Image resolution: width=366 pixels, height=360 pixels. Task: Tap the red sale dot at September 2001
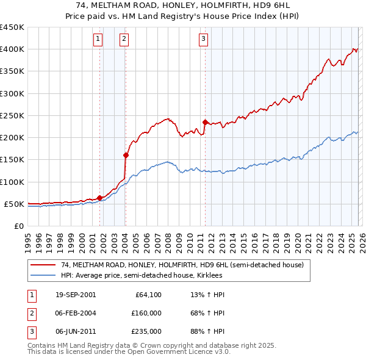pyautogui.click(x=100, y=198)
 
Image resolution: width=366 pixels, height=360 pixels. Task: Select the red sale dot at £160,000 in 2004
pyautogui.click(x=126, y=155)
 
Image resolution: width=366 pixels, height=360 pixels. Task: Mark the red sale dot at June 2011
pyautogui.click(x=205, y=122)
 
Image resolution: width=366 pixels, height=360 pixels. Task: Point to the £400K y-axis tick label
pyautogui.click(x=12, y=49)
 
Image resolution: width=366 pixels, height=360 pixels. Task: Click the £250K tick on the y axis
pyautogui.click(x=12, y=115)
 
